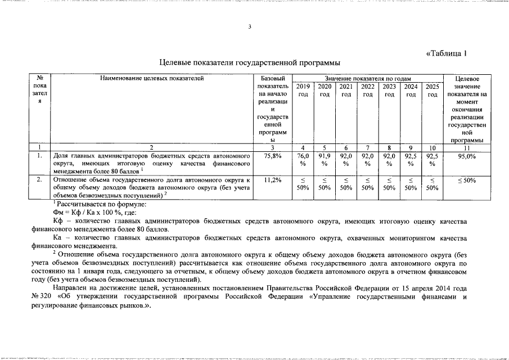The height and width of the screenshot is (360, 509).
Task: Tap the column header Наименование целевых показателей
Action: click(x=152, y=79)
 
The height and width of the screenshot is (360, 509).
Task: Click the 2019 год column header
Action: click(x=303, y=91)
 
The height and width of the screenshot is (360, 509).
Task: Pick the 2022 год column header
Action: click(x=368, y=91)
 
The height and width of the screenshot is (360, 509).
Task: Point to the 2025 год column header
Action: click(x=432, y=91)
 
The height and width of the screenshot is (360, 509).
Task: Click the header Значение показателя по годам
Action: click(x=367, y=79)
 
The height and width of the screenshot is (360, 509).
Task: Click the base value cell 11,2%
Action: click(x=272, y=179)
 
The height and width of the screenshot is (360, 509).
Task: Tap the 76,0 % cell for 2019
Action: click(x=303, y=160)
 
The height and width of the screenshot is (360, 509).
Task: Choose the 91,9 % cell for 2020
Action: click(x=325, y=160)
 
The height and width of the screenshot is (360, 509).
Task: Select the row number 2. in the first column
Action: click(x=39, y=179)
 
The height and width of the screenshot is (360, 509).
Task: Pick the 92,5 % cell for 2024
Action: click(x=411, y=160)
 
